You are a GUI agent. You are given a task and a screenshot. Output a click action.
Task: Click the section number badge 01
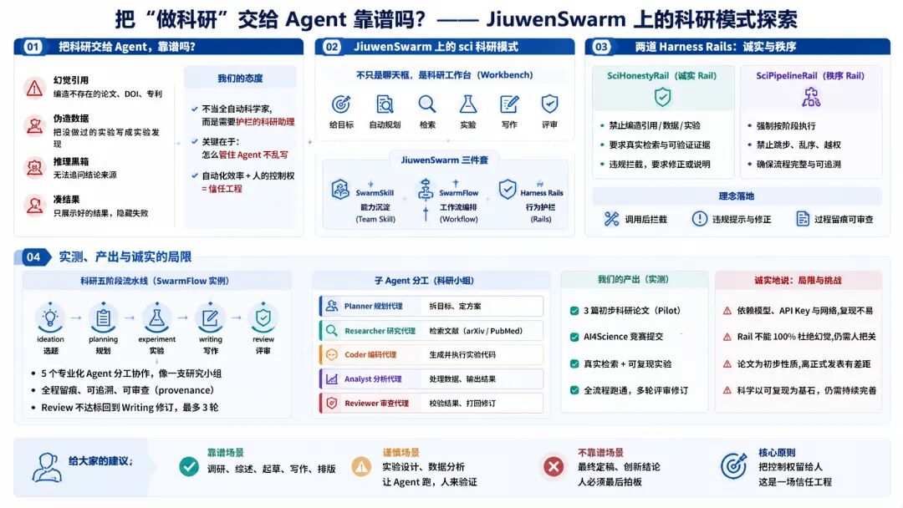tap(33, 47)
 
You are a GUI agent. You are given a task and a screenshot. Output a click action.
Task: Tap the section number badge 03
tap(600, 47)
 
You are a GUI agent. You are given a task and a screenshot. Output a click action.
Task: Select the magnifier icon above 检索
tap(426, 104)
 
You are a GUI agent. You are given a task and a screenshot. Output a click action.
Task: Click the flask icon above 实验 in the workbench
tap(467, 104)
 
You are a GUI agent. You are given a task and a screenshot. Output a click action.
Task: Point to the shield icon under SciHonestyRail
tap(662, 97)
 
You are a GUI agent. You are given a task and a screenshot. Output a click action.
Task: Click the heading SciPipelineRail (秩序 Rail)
tap(809, 75)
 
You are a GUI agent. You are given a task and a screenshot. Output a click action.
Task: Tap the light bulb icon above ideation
tap(50, 317)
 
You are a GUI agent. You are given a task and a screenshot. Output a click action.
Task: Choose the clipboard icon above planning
tap(103, 317)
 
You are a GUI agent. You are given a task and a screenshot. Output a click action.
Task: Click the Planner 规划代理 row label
tap(373, 306)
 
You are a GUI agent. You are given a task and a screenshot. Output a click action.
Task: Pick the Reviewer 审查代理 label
tap(376, 404)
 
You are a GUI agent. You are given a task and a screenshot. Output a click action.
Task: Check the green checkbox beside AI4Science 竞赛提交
tap(574, 337)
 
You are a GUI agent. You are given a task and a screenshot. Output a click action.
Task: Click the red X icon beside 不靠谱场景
tap(554, 466)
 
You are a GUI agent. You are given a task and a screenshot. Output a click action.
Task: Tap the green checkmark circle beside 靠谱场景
tap(189, 466)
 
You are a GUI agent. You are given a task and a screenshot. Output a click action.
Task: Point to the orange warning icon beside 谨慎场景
tap(362, 466)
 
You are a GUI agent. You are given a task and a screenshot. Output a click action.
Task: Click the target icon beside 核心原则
tap(733, 466)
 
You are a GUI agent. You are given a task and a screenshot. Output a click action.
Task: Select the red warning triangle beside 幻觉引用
tap(34, 88)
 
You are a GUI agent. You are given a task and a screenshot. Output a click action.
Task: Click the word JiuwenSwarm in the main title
tap(556, 19)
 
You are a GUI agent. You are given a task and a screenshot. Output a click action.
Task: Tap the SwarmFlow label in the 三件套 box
tap(458, 193)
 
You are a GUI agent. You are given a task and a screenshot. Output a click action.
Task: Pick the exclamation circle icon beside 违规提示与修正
tap(699, 219)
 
